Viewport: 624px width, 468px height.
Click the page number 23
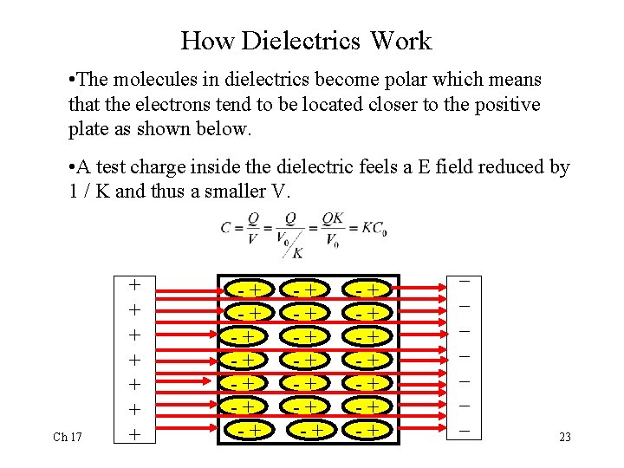tap(564, 437)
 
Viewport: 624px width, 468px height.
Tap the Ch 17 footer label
tap(68, 437)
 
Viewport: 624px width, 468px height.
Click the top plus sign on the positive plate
tap(134, 284)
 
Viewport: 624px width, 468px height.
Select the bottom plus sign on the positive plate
tap(134, 433)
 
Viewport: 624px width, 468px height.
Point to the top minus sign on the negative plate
tap(465, 282)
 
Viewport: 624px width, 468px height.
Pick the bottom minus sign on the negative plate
tap(465, 431)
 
